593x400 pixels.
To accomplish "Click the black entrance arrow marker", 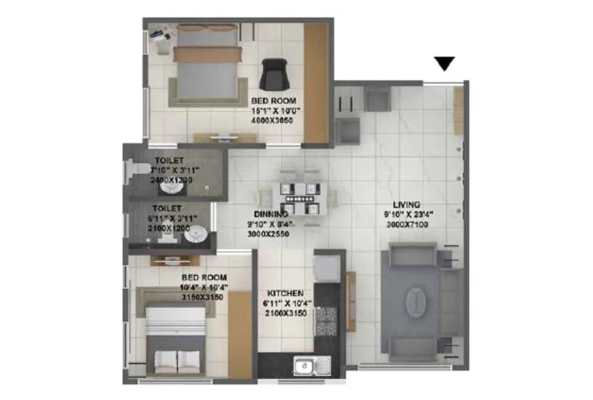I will point(444,64).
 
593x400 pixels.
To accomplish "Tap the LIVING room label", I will point(407,204).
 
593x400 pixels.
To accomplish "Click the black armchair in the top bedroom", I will point(274,74).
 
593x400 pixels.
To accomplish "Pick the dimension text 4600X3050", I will point(273,119).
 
